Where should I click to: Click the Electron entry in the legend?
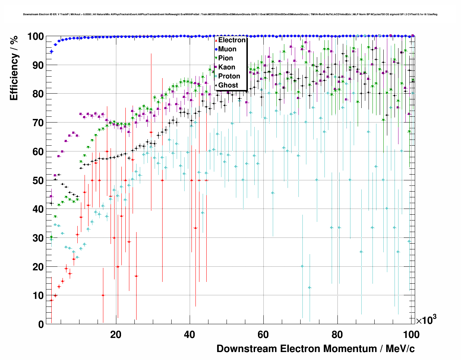[x=232, y=40]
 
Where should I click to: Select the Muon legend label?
[x=227, y=49]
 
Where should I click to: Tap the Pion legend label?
[x=225, y=58]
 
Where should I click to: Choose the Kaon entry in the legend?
[x=227, y=67]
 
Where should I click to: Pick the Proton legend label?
[x=229, y=76]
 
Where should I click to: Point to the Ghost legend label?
[x=228, y=85]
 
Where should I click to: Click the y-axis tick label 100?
[x=36, y=37]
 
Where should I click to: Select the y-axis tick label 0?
[x=41, y=324]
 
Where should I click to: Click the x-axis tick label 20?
[x=116, y=335]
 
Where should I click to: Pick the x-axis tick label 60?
[x=263, y=335]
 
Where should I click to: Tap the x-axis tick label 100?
[x=411, y=335]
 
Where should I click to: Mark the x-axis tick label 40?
[x=190, y=335]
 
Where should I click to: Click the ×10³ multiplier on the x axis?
[x=426, y=320]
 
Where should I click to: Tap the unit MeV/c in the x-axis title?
[x=400, y=349]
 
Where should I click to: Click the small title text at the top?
[x=230, y=14]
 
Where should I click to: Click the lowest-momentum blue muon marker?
[x=51, y=52]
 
